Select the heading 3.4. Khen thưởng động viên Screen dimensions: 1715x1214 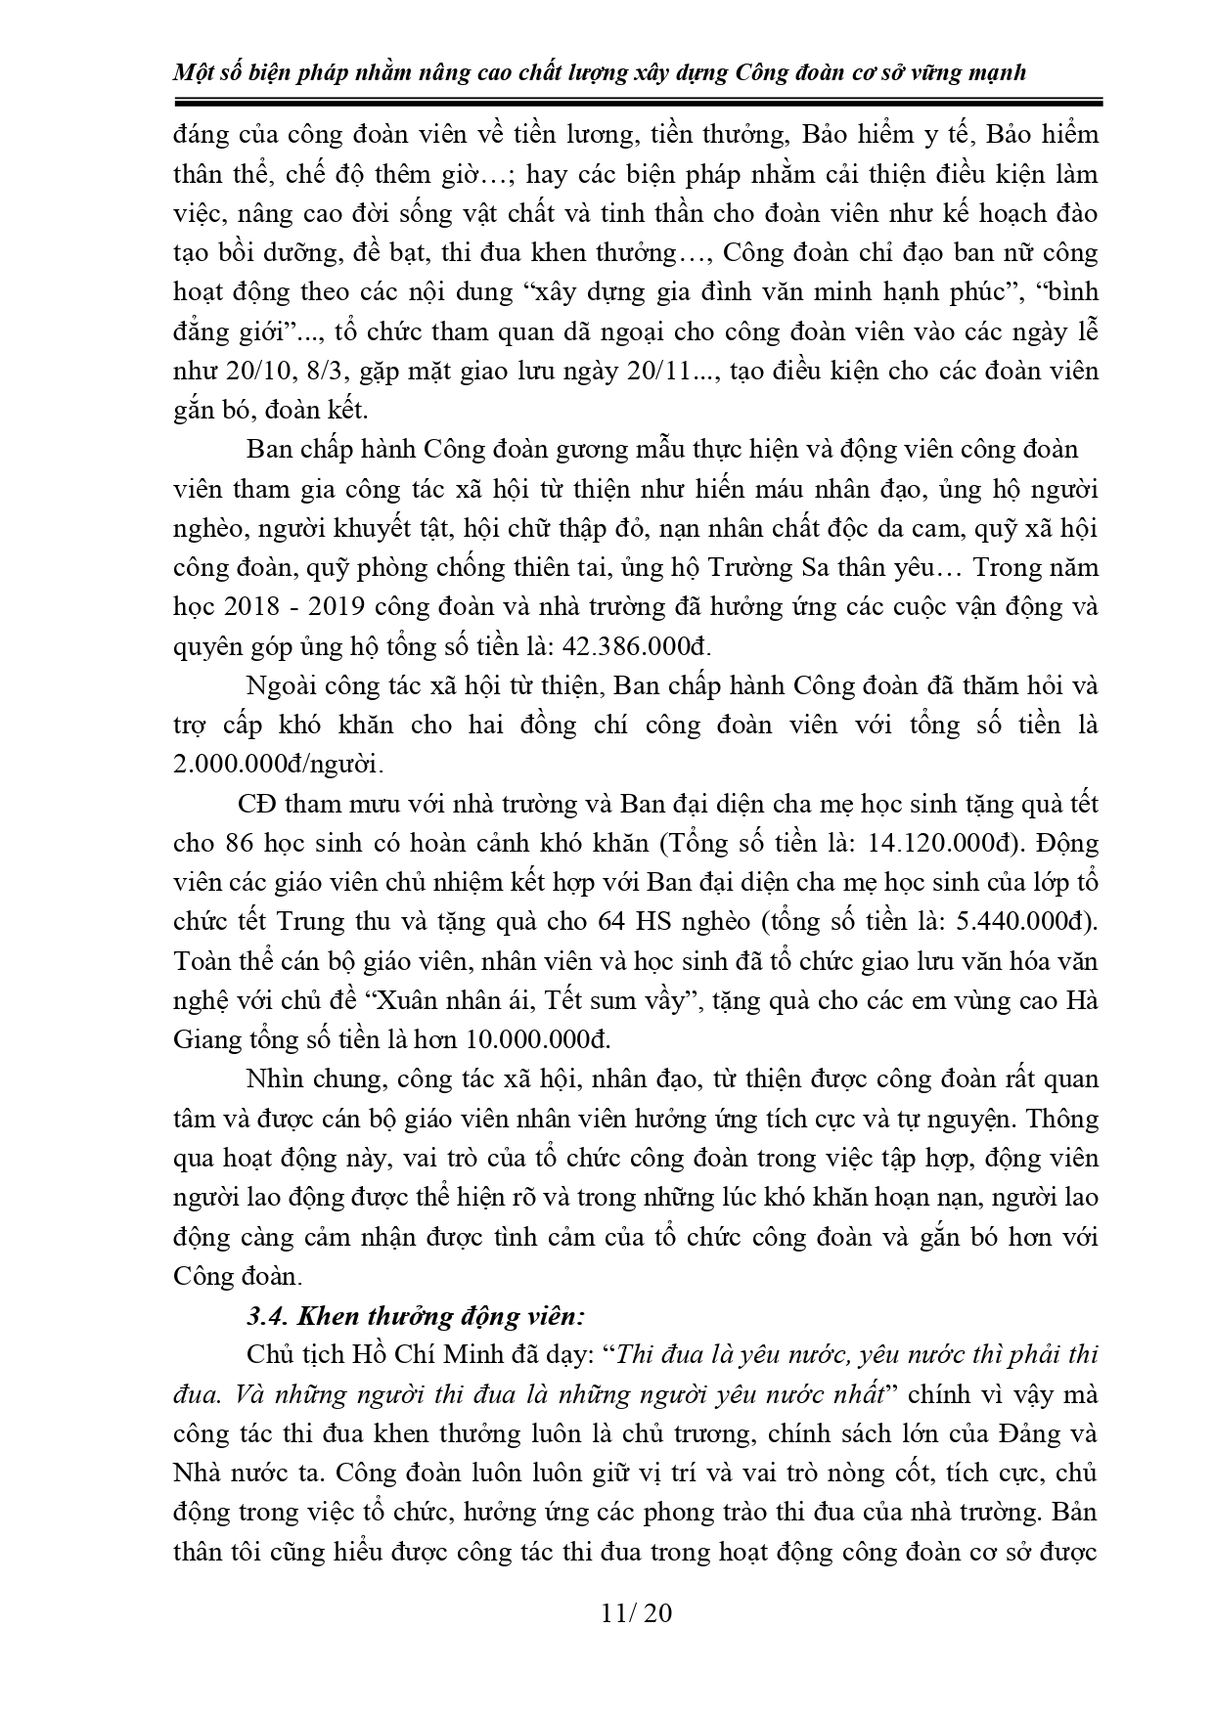tap(416, 1316)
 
